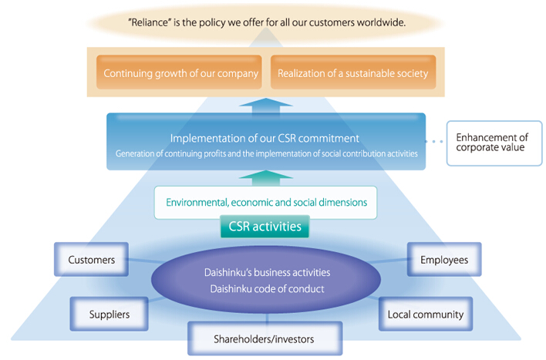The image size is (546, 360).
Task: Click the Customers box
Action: point(91,260)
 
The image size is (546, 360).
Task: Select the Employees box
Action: point(443,260)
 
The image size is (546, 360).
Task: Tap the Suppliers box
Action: point(109,314)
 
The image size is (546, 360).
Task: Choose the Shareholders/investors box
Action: point(265,338)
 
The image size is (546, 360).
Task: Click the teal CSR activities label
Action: point(265,227)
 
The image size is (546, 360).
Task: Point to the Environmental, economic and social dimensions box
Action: point(266,203)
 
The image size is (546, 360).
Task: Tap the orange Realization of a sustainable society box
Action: point(349,74)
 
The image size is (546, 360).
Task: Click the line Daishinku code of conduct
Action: point(265,289)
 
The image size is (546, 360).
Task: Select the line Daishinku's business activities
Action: point(265,273)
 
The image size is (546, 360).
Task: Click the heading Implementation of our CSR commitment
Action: point(265,139)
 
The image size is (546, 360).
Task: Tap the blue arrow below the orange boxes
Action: point(265,105)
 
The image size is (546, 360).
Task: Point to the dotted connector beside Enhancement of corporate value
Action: point(436,142)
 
